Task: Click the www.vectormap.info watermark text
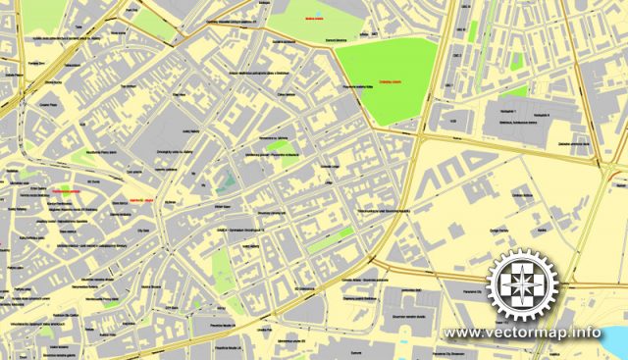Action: [523, 332]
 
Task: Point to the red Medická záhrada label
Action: [314, 17]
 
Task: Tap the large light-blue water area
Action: [613, 343]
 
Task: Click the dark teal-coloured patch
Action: [223, 179]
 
